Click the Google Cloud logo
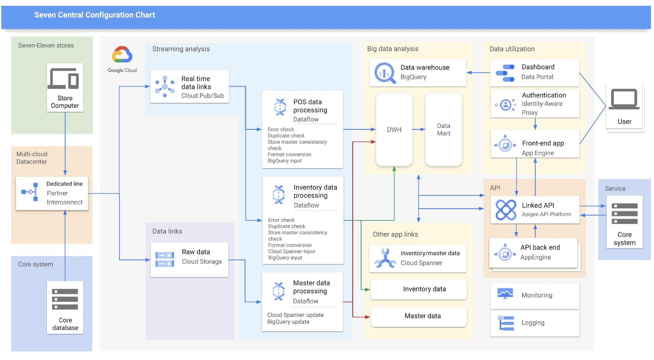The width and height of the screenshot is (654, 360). pos(122,55)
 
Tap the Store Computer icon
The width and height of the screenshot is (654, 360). pos(64,79)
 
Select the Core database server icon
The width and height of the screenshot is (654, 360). pos(65,299)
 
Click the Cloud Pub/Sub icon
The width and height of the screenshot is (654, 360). pos(165,86)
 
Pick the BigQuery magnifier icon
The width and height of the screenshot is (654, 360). pos(385,73)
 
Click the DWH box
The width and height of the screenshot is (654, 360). pos(394,129)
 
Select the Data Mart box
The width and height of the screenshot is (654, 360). pos(443,129)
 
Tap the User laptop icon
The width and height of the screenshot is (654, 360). pos(624,99)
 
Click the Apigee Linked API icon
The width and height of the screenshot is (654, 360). pos(505,210)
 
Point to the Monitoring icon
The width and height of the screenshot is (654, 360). pos(505,294)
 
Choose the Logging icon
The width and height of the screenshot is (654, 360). pos(506,323)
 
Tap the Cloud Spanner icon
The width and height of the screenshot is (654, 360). pos(385,258)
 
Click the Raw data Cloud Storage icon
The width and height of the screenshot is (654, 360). pos(165,260)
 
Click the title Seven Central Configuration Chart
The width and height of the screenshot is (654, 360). pos(94,15)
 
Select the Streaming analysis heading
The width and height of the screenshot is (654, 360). pos(181,49)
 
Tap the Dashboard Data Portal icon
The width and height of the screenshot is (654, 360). pos(505,73)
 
